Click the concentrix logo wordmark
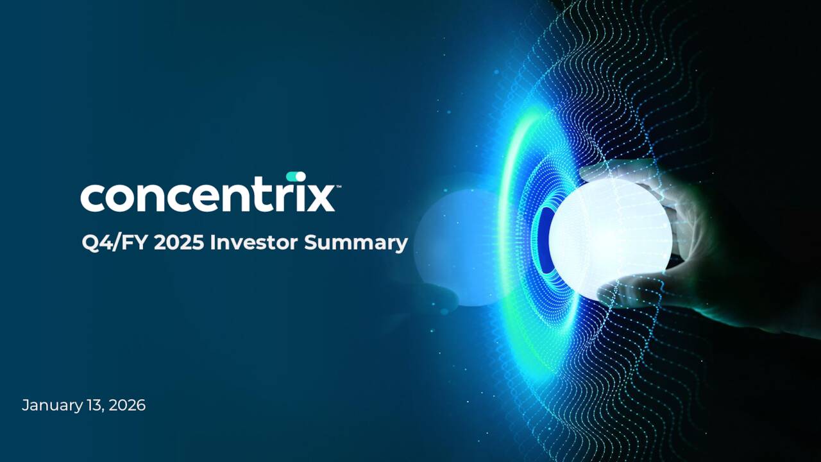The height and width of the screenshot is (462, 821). click(x=207, y=196)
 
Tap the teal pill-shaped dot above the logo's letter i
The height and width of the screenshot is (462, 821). click(x=296, y=176)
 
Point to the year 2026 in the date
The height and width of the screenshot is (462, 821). click(x=127, y=406)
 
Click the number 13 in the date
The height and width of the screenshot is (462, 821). click(x=95, y=406)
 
